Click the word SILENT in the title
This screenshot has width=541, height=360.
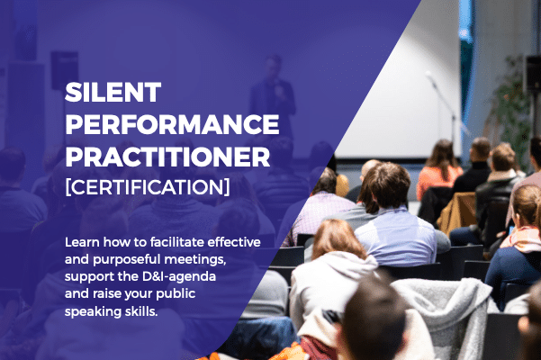(113, 92)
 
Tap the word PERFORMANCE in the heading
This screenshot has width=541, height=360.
(172, 124)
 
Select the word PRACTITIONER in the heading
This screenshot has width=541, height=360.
(167, 157)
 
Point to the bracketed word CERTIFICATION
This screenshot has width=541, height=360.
(148, 187)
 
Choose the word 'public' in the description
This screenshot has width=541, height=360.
(176, 294)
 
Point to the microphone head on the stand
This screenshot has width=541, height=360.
(429, 76)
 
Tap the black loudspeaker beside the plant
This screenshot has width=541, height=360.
(533, 72)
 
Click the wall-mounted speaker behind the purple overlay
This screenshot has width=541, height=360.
(65, 70)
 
